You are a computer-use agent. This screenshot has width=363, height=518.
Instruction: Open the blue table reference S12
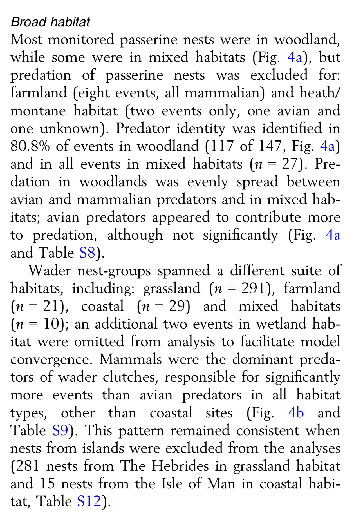point(89,501)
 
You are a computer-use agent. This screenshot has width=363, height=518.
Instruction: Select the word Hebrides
point(180,466)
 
